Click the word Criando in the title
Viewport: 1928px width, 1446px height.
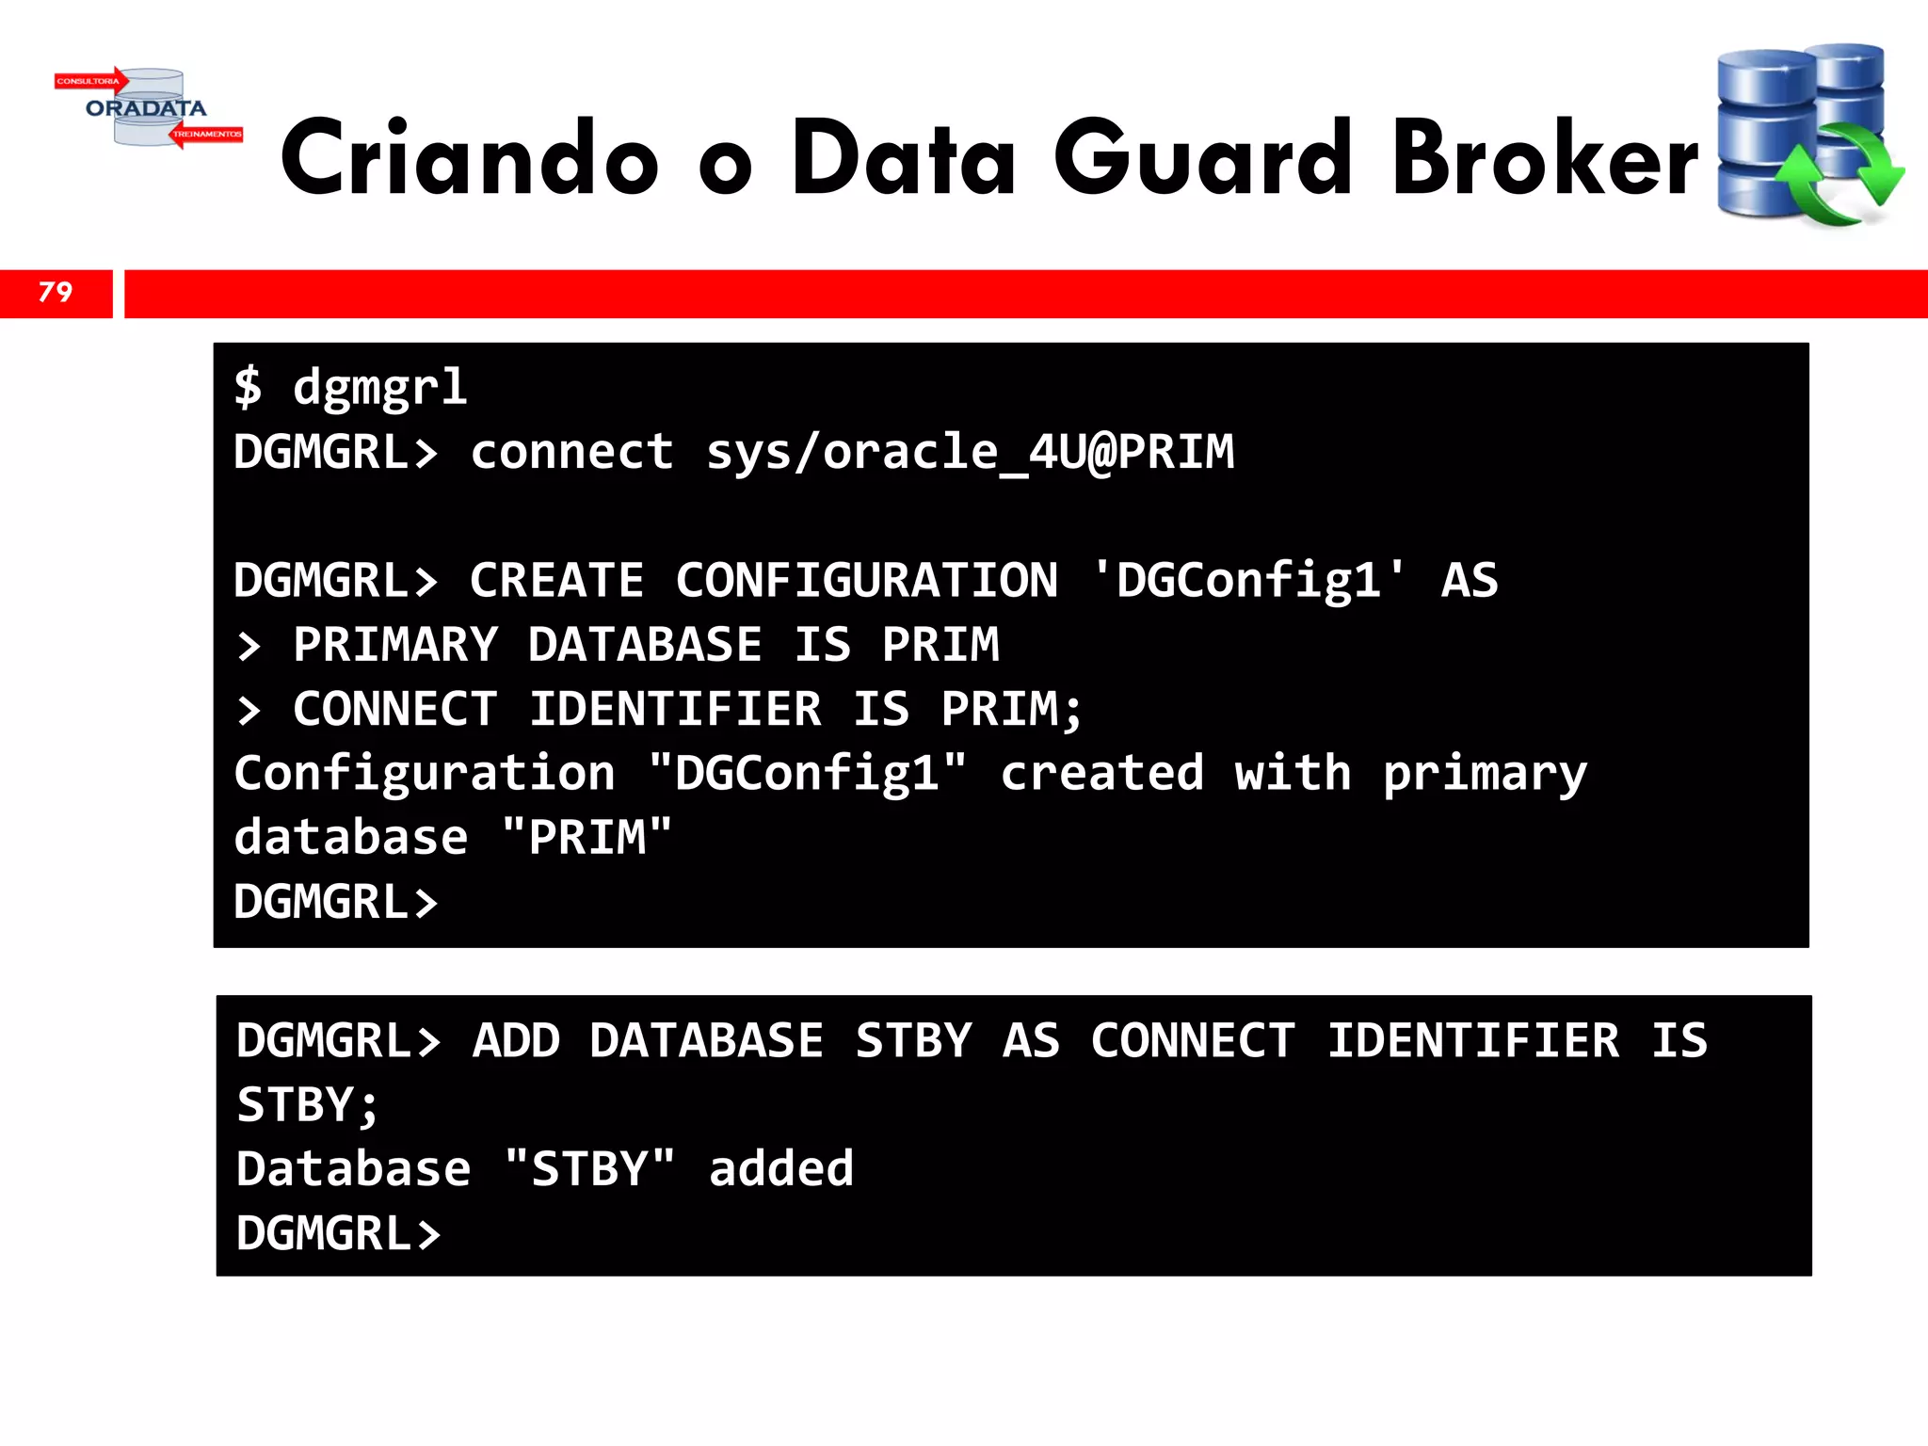468,158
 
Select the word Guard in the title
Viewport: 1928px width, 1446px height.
1202,158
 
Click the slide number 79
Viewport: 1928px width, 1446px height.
56,293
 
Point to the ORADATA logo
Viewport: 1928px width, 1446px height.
147,108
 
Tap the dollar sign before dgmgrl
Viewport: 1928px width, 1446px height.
248,387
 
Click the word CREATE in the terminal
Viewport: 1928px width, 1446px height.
556,581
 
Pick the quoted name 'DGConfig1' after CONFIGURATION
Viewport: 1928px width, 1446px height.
1248,581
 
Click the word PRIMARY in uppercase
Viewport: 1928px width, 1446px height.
395,646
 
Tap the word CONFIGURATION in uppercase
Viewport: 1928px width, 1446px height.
866,581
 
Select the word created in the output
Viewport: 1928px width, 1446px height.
1101,774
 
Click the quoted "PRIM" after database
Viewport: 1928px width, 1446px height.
587,838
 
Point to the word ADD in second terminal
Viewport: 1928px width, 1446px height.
516,1041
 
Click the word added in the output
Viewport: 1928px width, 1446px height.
781,1169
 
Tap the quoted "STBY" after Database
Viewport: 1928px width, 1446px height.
589,1169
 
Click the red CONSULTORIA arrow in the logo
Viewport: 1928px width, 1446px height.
90,81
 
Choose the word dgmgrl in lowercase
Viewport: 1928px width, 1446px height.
380,387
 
